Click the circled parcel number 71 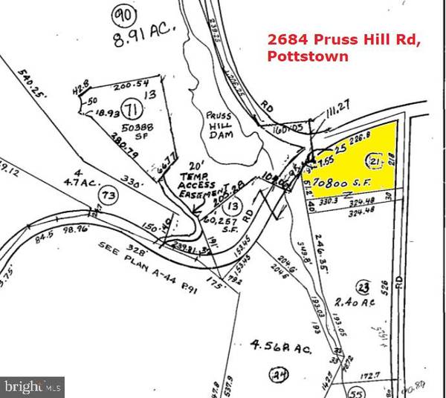[132, 111]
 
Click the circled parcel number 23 [363, 286]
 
